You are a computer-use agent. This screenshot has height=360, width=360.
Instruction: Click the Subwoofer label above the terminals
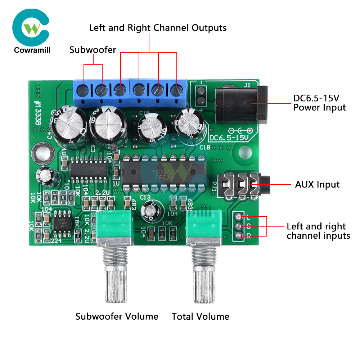[x=93, y=50]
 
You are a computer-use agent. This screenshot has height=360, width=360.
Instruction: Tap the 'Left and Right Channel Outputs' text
[x=158, y=28]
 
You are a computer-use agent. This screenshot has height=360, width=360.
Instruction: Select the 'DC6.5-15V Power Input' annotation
[x=319, y=103]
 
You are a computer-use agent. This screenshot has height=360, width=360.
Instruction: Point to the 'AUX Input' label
[x=317, y=185]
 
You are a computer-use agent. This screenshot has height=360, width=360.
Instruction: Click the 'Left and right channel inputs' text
[x=318, y=231]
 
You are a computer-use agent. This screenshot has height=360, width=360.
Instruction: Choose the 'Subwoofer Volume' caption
[x=117, y=316]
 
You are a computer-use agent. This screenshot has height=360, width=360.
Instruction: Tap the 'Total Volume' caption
[x=200, y=316]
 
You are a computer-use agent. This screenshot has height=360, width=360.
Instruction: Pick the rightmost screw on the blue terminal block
[x=176, y=89]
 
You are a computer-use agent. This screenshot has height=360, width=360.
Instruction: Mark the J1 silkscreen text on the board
[x=247, y=85]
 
